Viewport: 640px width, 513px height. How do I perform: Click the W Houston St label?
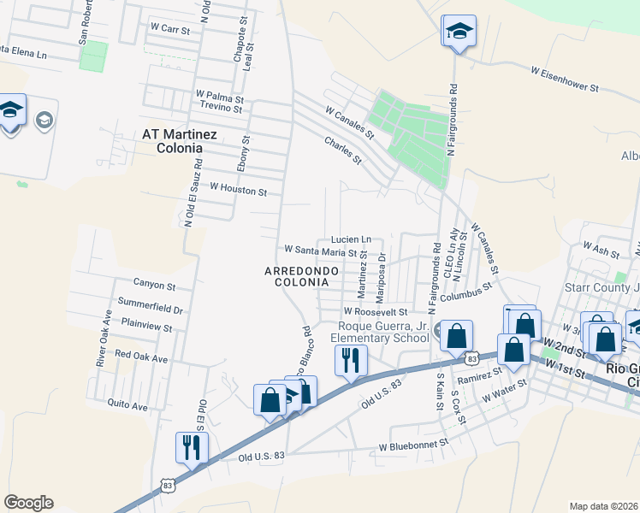tap(238, 188)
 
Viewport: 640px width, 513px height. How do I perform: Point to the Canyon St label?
tap(154, 285)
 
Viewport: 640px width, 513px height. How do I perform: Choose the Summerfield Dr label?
tap(151, 304)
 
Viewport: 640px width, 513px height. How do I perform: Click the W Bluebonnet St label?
tap(414, 445)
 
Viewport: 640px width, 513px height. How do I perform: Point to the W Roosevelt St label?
tap(375, 312)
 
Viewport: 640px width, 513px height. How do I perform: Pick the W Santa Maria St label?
tap(320, 251)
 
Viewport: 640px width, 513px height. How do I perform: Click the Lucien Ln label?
tap(351, 239)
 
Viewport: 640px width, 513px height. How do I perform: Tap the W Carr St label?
tap(169, 29)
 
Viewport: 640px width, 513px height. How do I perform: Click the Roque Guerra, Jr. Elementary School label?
tap(383, 332)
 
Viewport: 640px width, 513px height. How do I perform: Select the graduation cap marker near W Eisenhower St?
tap(459, 32)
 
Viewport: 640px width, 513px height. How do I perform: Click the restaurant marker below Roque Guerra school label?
tap(350, 359)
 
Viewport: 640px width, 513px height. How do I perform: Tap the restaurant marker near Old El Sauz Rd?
tap(192, 447)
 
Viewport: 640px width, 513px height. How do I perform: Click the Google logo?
tap(28, 503)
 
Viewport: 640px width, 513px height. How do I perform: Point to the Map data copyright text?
tap(604, 506)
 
